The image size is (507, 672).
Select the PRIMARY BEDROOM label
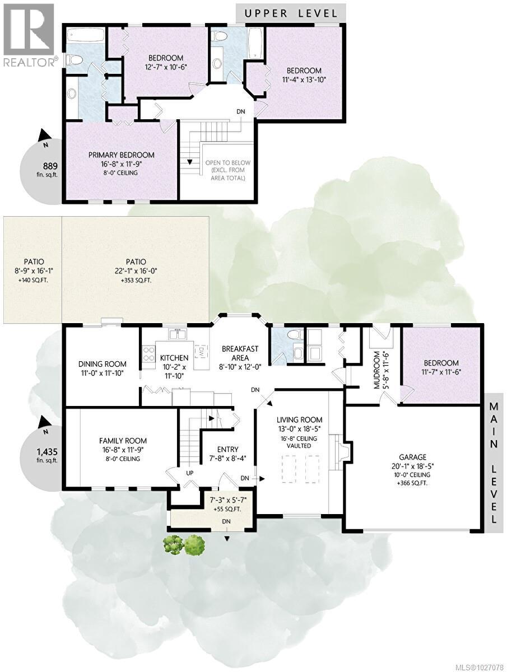[x=121, y=155]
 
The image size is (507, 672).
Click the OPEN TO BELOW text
[x=227, y=163]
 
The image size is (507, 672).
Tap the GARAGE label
[x=413, y=456]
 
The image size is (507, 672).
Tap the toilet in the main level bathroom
[x=292, y=336]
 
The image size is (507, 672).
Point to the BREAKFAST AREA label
[x=240, y=353]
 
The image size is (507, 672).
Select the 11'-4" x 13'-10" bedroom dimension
[x=304, y=80]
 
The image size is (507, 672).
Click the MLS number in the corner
[x=480, y=666]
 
